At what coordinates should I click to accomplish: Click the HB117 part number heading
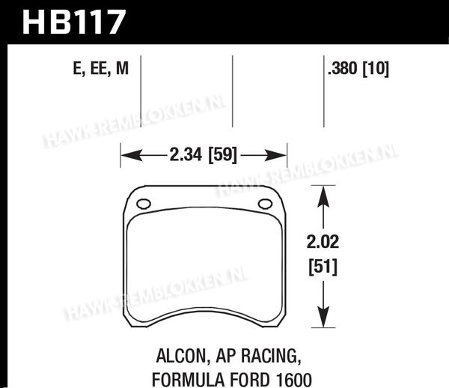[74, 22]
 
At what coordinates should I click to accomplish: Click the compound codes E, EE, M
[101, 68]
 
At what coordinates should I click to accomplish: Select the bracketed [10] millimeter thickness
[376, 69]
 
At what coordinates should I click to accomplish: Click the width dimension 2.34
[186, 154]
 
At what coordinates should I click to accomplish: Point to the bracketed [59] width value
[223, 155]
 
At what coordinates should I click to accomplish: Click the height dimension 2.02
[323, 242]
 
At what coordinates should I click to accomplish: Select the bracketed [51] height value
[323, 267]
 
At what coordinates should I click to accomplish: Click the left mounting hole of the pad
[144, 204]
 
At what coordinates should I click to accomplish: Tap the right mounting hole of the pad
[265, 204]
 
